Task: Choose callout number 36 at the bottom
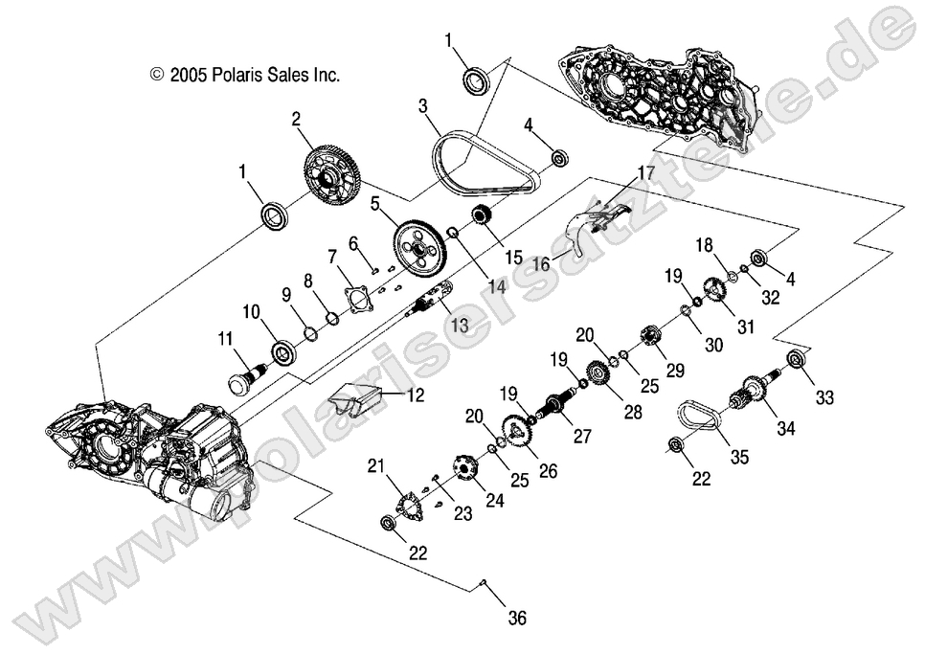point(516,618)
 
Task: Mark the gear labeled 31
point(712,288)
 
